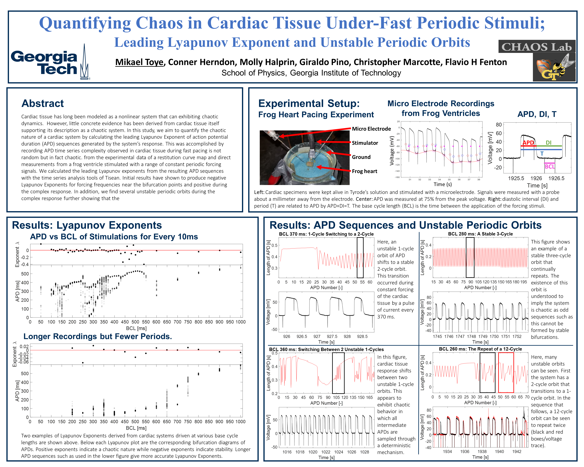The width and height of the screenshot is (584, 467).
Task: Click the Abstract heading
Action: point(43,103)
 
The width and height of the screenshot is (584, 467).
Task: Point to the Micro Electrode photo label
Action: point(371,129)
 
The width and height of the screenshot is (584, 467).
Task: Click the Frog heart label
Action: point(364,171)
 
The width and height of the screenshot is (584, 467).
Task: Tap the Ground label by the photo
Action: point(361,157)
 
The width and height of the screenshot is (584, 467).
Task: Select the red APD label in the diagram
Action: point(528,143)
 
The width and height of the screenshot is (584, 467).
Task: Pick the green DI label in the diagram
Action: point(549,143)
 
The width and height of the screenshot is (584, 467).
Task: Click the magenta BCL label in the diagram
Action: point(550,166)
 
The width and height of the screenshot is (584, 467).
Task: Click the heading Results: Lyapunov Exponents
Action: point(87,225)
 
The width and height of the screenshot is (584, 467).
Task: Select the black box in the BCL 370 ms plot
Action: point(360,258)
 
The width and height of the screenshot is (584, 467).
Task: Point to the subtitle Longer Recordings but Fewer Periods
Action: point(97,337)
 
